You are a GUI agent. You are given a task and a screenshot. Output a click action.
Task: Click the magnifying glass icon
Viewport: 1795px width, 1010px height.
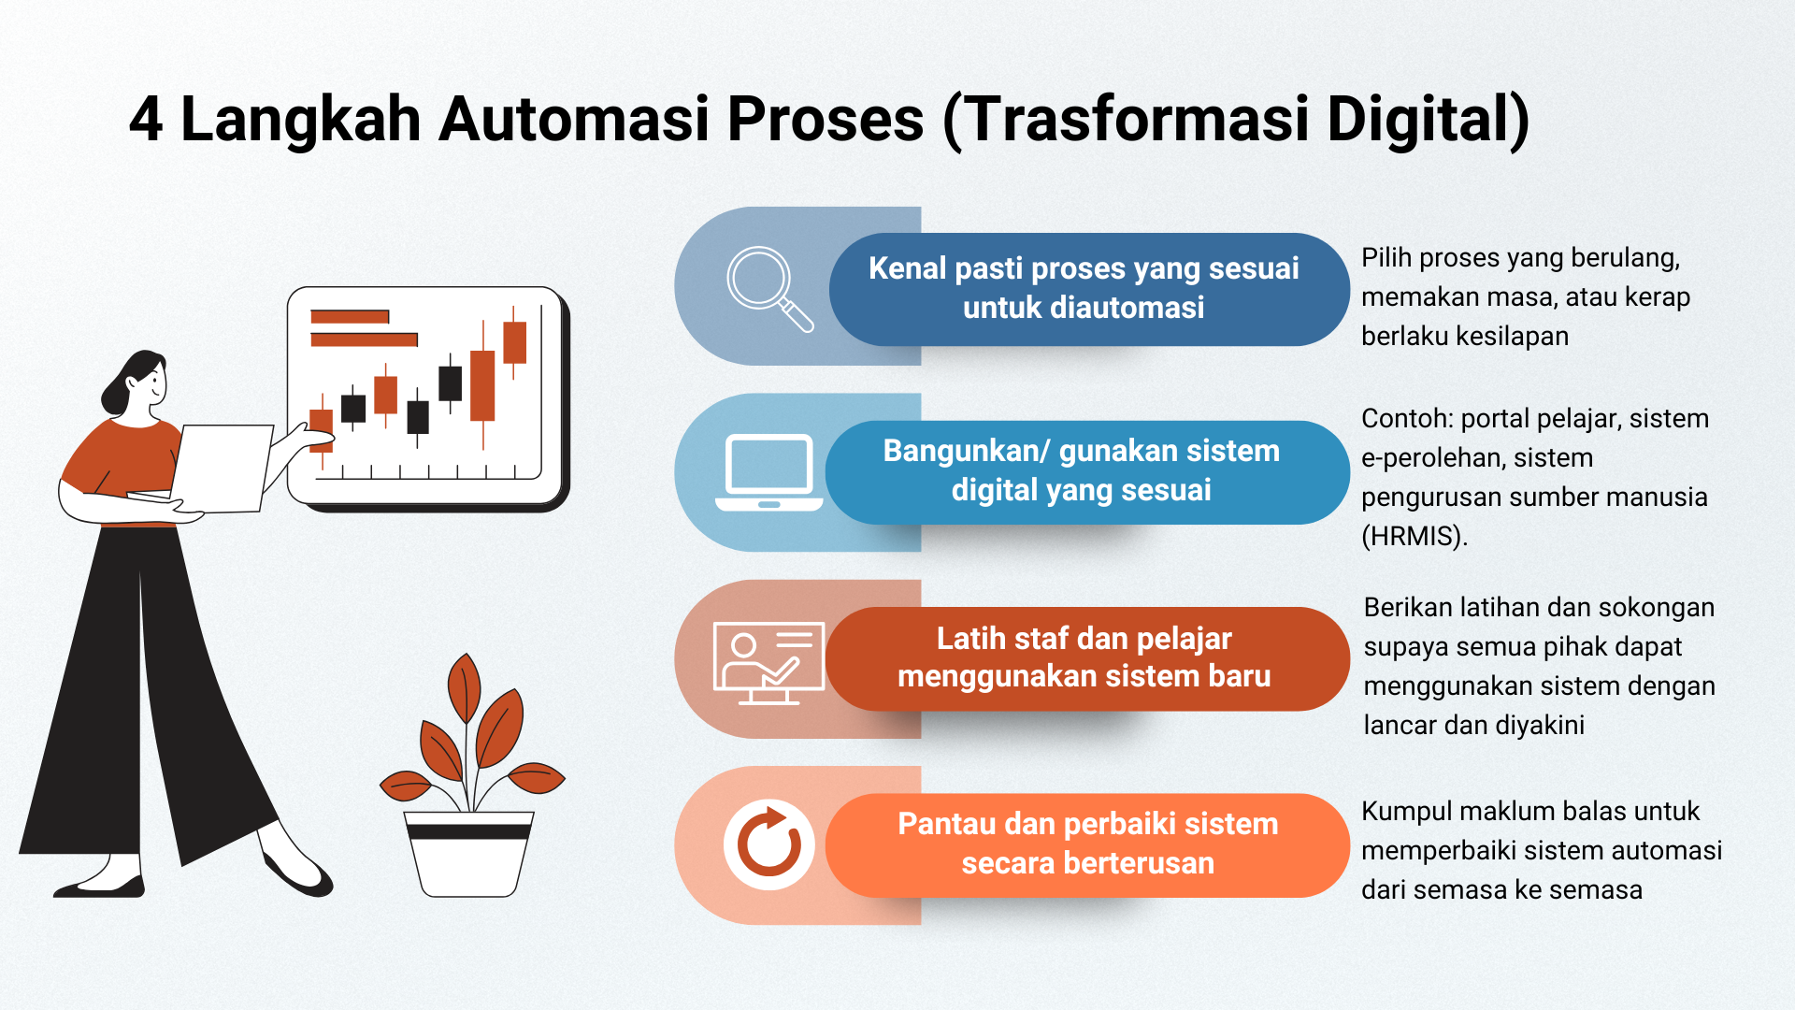768,288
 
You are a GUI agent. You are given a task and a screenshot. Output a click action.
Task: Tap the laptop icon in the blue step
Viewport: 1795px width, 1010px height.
768,472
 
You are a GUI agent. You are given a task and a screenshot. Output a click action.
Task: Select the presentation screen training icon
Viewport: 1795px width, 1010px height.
768,662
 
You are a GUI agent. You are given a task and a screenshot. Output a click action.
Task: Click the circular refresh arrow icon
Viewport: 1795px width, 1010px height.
768,844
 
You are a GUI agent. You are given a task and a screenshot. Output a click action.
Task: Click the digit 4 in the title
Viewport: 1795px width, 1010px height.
146,120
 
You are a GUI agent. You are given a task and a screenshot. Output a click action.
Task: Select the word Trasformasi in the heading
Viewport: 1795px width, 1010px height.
1136,120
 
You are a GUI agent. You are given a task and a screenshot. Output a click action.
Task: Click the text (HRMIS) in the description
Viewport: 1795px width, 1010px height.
1414,536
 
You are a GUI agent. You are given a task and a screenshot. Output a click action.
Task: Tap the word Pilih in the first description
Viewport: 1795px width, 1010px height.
1386,258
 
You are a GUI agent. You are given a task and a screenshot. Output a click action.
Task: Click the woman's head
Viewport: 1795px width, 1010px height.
137,382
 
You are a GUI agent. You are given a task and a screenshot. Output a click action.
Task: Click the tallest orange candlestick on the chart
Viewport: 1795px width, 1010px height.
482,385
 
